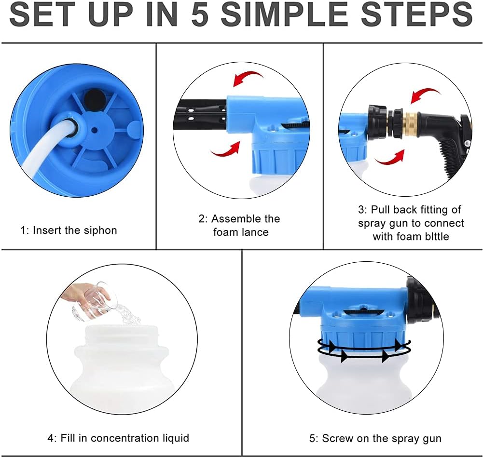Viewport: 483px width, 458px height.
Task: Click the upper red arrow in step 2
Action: pyautogui.click(x=248, y=78)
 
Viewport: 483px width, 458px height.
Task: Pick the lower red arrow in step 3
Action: pyautogui.click(x=390, y=158)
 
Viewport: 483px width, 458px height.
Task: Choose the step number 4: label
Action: pyautogui.click(x=52, y=438)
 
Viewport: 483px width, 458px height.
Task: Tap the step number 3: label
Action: pyautogui.click(x=363, y=210)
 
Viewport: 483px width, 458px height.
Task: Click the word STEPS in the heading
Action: pyautogui.click(x=417, y=14)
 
